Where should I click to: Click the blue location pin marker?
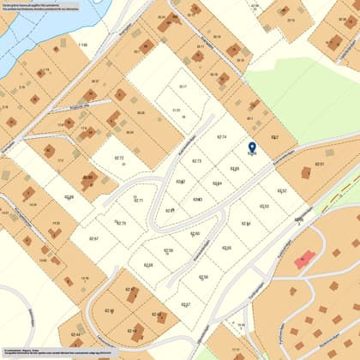point(252,148)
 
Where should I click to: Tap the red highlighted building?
point(301,259)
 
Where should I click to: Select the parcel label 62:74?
point(222,137)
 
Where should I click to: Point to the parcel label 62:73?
point(196,161)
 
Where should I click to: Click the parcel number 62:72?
point(120,158)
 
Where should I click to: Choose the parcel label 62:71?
point(139,201)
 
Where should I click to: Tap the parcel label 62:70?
point(121,223)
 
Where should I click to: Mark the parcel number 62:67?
point(93,238)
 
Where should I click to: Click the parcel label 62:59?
point(168,250)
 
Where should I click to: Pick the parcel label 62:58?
point(148,265)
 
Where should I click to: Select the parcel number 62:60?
point(195,233)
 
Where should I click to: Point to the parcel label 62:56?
point(203,277)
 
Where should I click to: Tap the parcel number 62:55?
point(226,248)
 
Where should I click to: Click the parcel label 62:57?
point(186,304)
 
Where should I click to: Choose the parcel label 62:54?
point(246,223)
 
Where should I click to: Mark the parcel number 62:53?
point(265,206)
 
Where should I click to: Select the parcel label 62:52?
point(282,190)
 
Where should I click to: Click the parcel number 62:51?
point(320,164)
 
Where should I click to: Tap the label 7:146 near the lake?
point(82,45)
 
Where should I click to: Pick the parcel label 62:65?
point(235,169)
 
